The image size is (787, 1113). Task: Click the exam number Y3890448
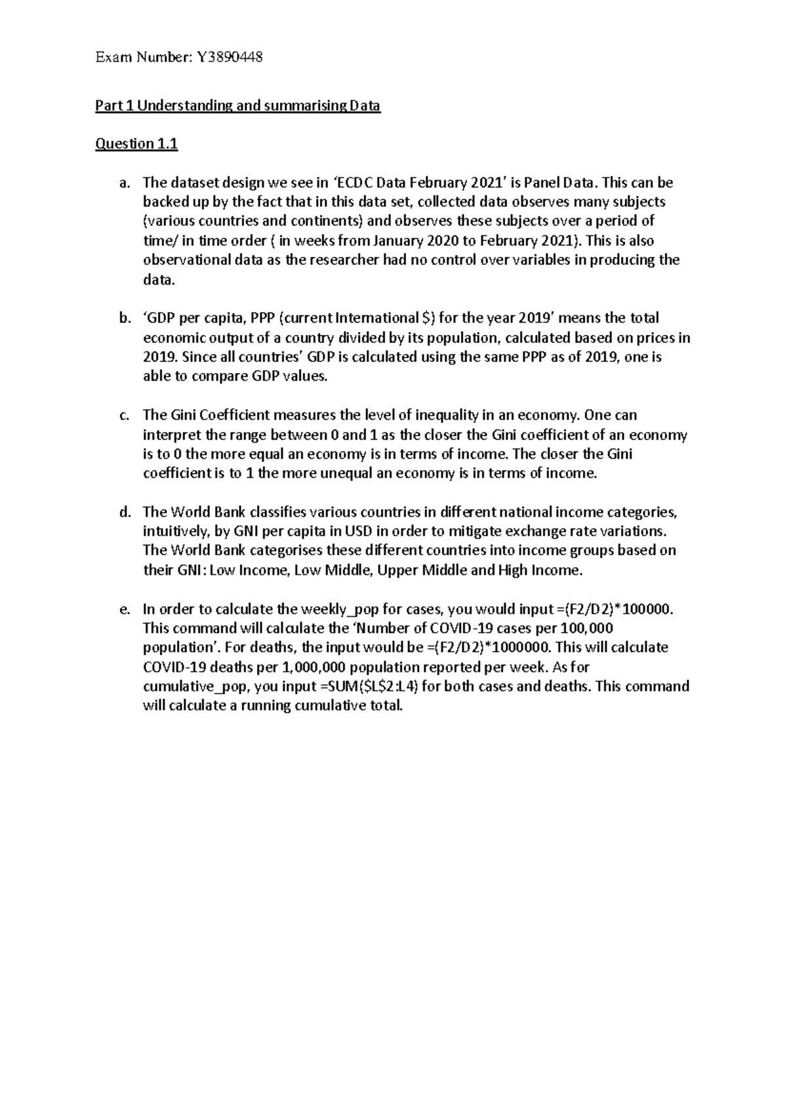click(x=229, y=58)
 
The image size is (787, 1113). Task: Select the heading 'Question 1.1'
click(x=136, y=144)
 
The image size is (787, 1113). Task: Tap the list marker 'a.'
click(x=125, y=183)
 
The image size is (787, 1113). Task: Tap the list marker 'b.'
click(x=125, y=319)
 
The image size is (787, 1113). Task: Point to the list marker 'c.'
click(x=125, y=416)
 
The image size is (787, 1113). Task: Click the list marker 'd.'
click(x=125, y=513)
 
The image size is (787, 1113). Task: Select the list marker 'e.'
click(x=125, y=610)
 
